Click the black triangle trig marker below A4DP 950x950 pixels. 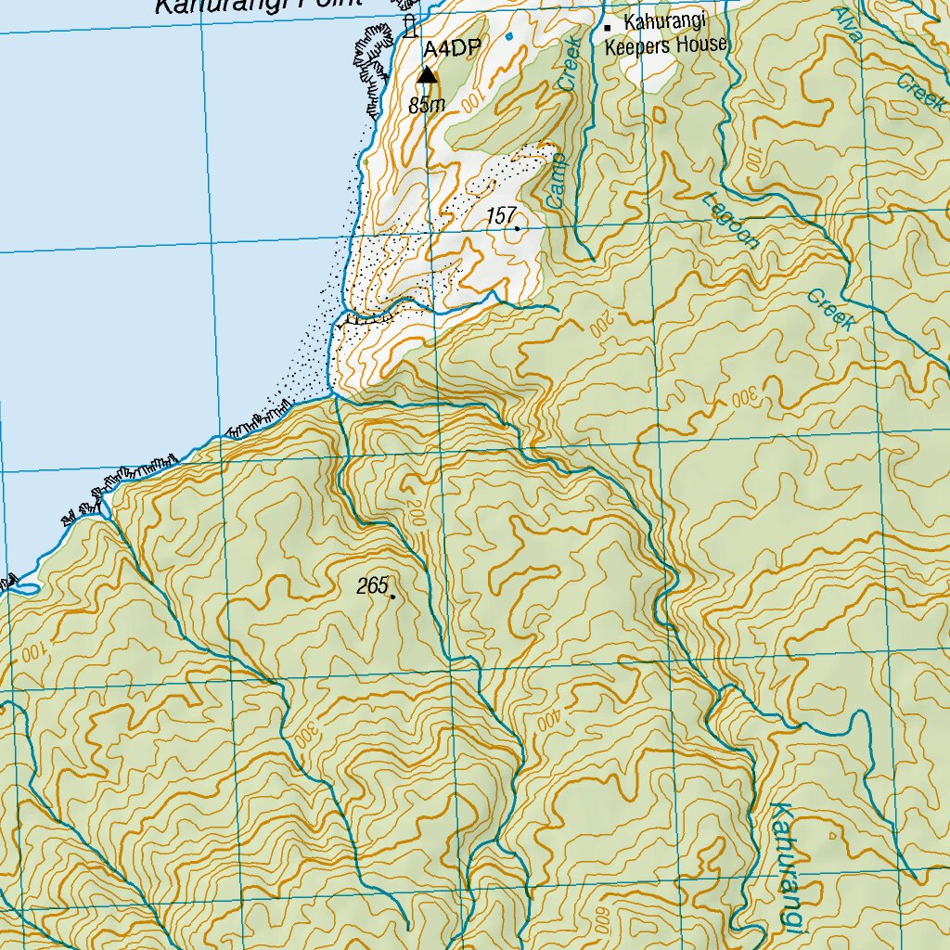tap(427, 74)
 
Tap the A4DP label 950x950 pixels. tap(452, 50)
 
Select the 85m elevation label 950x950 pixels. tap(426, 105)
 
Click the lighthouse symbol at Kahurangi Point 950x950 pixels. tap(409, 26)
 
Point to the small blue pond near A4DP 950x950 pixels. tap(509, 36)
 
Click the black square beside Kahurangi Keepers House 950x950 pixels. tap(608, 28)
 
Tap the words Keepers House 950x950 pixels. tap(665, 44)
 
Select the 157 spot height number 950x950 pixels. tap(500, 216)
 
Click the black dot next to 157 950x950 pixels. tap(517, 227)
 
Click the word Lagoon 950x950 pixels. tap(732, 221)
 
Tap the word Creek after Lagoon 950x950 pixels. tap(829, 310)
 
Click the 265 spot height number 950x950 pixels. tap(371, 586)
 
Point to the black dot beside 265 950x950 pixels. tap(393, 597)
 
